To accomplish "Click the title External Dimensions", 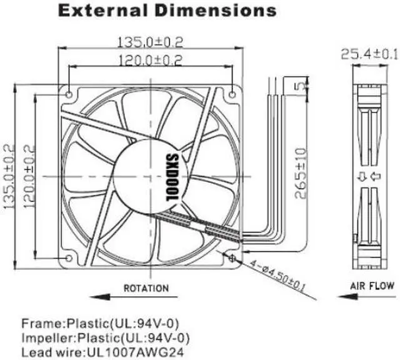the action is pyautogui.click(x=167, y=11).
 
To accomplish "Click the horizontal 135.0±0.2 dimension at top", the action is pyautogui.click(x=150, y=42).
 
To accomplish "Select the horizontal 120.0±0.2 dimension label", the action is pyautogui.click(x=151, y=61).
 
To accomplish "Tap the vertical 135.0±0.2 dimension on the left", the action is pyautogui.click(x=9, y=176).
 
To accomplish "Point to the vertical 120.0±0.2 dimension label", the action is pyautogui.click(x=29, y=176).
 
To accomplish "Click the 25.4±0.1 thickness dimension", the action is pyautogui.click(x=369, y=54).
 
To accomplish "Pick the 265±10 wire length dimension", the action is pyautogui.click(x=300, y=173).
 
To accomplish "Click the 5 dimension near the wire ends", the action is pyautogui.click(x=301, y=86).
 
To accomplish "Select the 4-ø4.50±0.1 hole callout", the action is pyautogui.click(x=277, y=276).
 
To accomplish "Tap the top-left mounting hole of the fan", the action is pyautogui.click(x=69, y=95).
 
